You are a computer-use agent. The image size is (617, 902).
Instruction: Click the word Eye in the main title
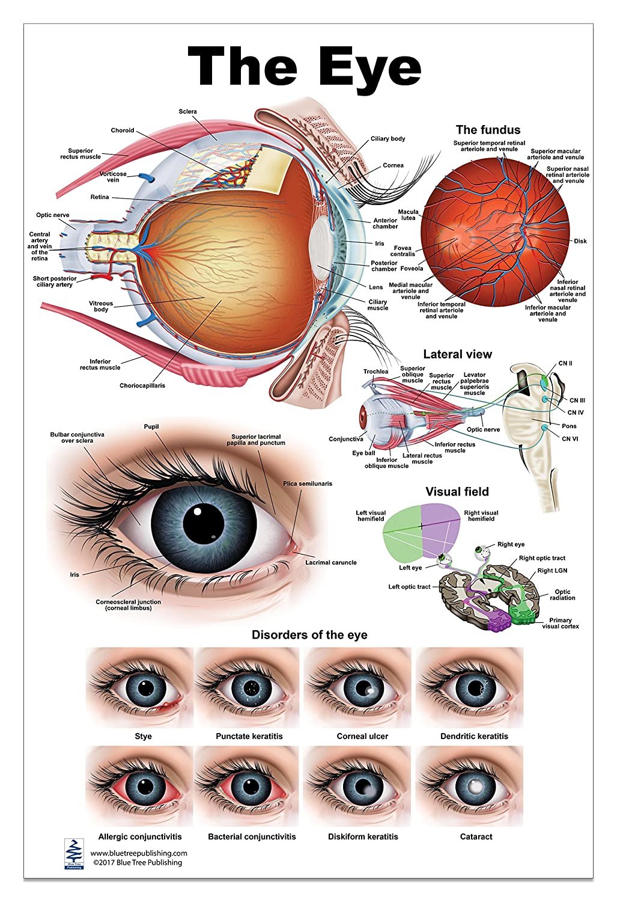pos(369,67)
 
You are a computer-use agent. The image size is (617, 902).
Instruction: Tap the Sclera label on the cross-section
pos(187,112)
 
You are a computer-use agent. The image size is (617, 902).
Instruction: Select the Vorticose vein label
pos(113,177)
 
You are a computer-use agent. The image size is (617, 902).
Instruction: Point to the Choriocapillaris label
pos(142,385)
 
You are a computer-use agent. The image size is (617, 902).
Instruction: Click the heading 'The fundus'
pos(488,130)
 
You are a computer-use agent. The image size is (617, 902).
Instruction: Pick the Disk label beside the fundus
pos(580,241)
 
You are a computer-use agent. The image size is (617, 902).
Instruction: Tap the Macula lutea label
pos(408,215)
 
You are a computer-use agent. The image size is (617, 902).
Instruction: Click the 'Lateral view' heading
pos(457,354)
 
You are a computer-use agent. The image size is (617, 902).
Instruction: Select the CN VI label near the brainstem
pos(570,439)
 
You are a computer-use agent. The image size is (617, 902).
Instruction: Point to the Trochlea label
pos(375,372)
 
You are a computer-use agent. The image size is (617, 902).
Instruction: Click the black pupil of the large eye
pos(199,520)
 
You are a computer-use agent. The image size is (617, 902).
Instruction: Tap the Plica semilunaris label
pos(307,483)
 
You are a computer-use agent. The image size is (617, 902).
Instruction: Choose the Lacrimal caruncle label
pos(330,563)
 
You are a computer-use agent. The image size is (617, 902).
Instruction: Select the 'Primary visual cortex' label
pos(560,623)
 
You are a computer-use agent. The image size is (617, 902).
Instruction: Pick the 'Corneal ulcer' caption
pos(362,736)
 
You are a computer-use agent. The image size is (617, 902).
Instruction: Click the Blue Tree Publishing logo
pos(72,853)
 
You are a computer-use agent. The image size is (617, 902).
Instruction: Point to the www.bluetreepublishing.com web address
pos(139,853)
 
